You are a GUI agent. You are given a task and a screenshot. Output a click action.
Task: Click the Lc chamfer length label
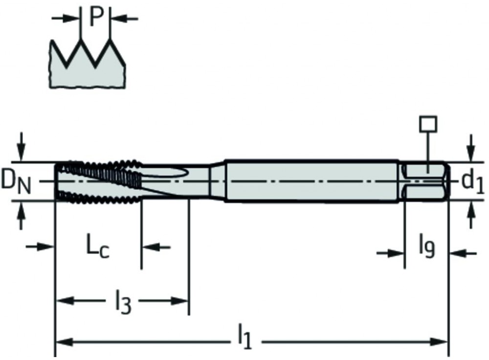98,247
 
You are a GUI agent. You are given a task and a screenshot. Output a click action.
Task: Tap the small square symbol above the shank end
428,125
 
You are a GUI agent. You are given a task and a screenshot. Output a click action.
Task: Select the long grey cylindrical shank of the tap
313,180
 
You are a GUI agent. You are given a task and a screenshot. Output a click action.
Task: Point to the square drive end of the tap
424,181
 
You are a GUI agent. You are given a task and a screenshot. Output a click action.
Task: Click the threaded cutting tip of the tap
98,181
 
